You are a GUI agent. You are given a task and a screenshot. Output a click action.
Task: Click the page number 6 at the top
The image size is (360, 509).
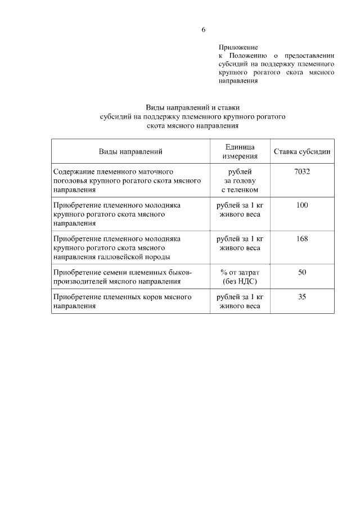pyautogui.click(x=203, y=29)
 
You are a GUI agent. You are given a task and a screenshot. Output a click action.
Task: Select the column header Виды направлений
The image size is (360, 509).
pyautogui.click(x=130, y=151)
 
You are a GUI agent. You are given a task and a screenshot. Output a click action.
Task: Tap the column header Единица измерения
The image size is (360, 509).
pyautogui.click(x=240, y=151)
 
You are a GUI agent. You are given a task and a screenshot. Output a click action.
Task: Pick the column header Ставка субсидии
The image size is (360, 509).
pyautogui.click(x=302, y=151)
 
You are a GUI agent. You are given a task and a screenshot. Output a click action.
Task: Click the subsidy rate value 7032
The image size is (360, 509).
pyautogui.click(x=302, y=172)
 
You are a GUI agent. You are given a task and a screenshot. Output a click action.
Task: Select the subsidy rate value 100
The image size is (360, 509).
pyautogui.click(x=302, y=205)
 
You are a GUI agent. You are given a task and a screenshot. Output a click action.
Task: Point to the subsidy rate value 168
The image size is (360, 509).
pyautogui.click(x=302, y=238)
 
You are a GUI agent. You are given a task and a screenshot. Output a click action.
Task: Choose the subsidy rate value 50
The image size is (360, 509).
pyautogui.click(x=302, y=272)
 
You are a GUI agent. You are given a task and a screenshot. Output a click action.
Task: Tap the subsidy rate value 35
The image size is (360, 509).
pyautogui.click(x=302, y=296)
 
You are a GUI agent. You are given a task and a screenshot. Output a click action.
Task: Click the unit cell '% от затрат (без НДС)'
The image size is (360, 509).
pyautogui.click(x=240, y=277)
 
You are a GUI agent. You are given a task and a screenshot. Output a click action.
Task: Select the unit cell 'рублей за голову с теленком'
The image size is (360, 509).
pyautogui.click(x=240, y=181)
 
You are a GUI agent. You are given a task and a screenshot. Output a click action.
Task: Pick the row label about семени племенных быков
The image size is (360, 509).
pyautogui.click(x=123, y=277)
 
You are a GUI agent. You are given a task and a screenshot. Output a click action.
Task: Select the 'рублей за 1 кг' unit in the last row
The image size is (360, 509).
pyautogui.click(x=240, y=296)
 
